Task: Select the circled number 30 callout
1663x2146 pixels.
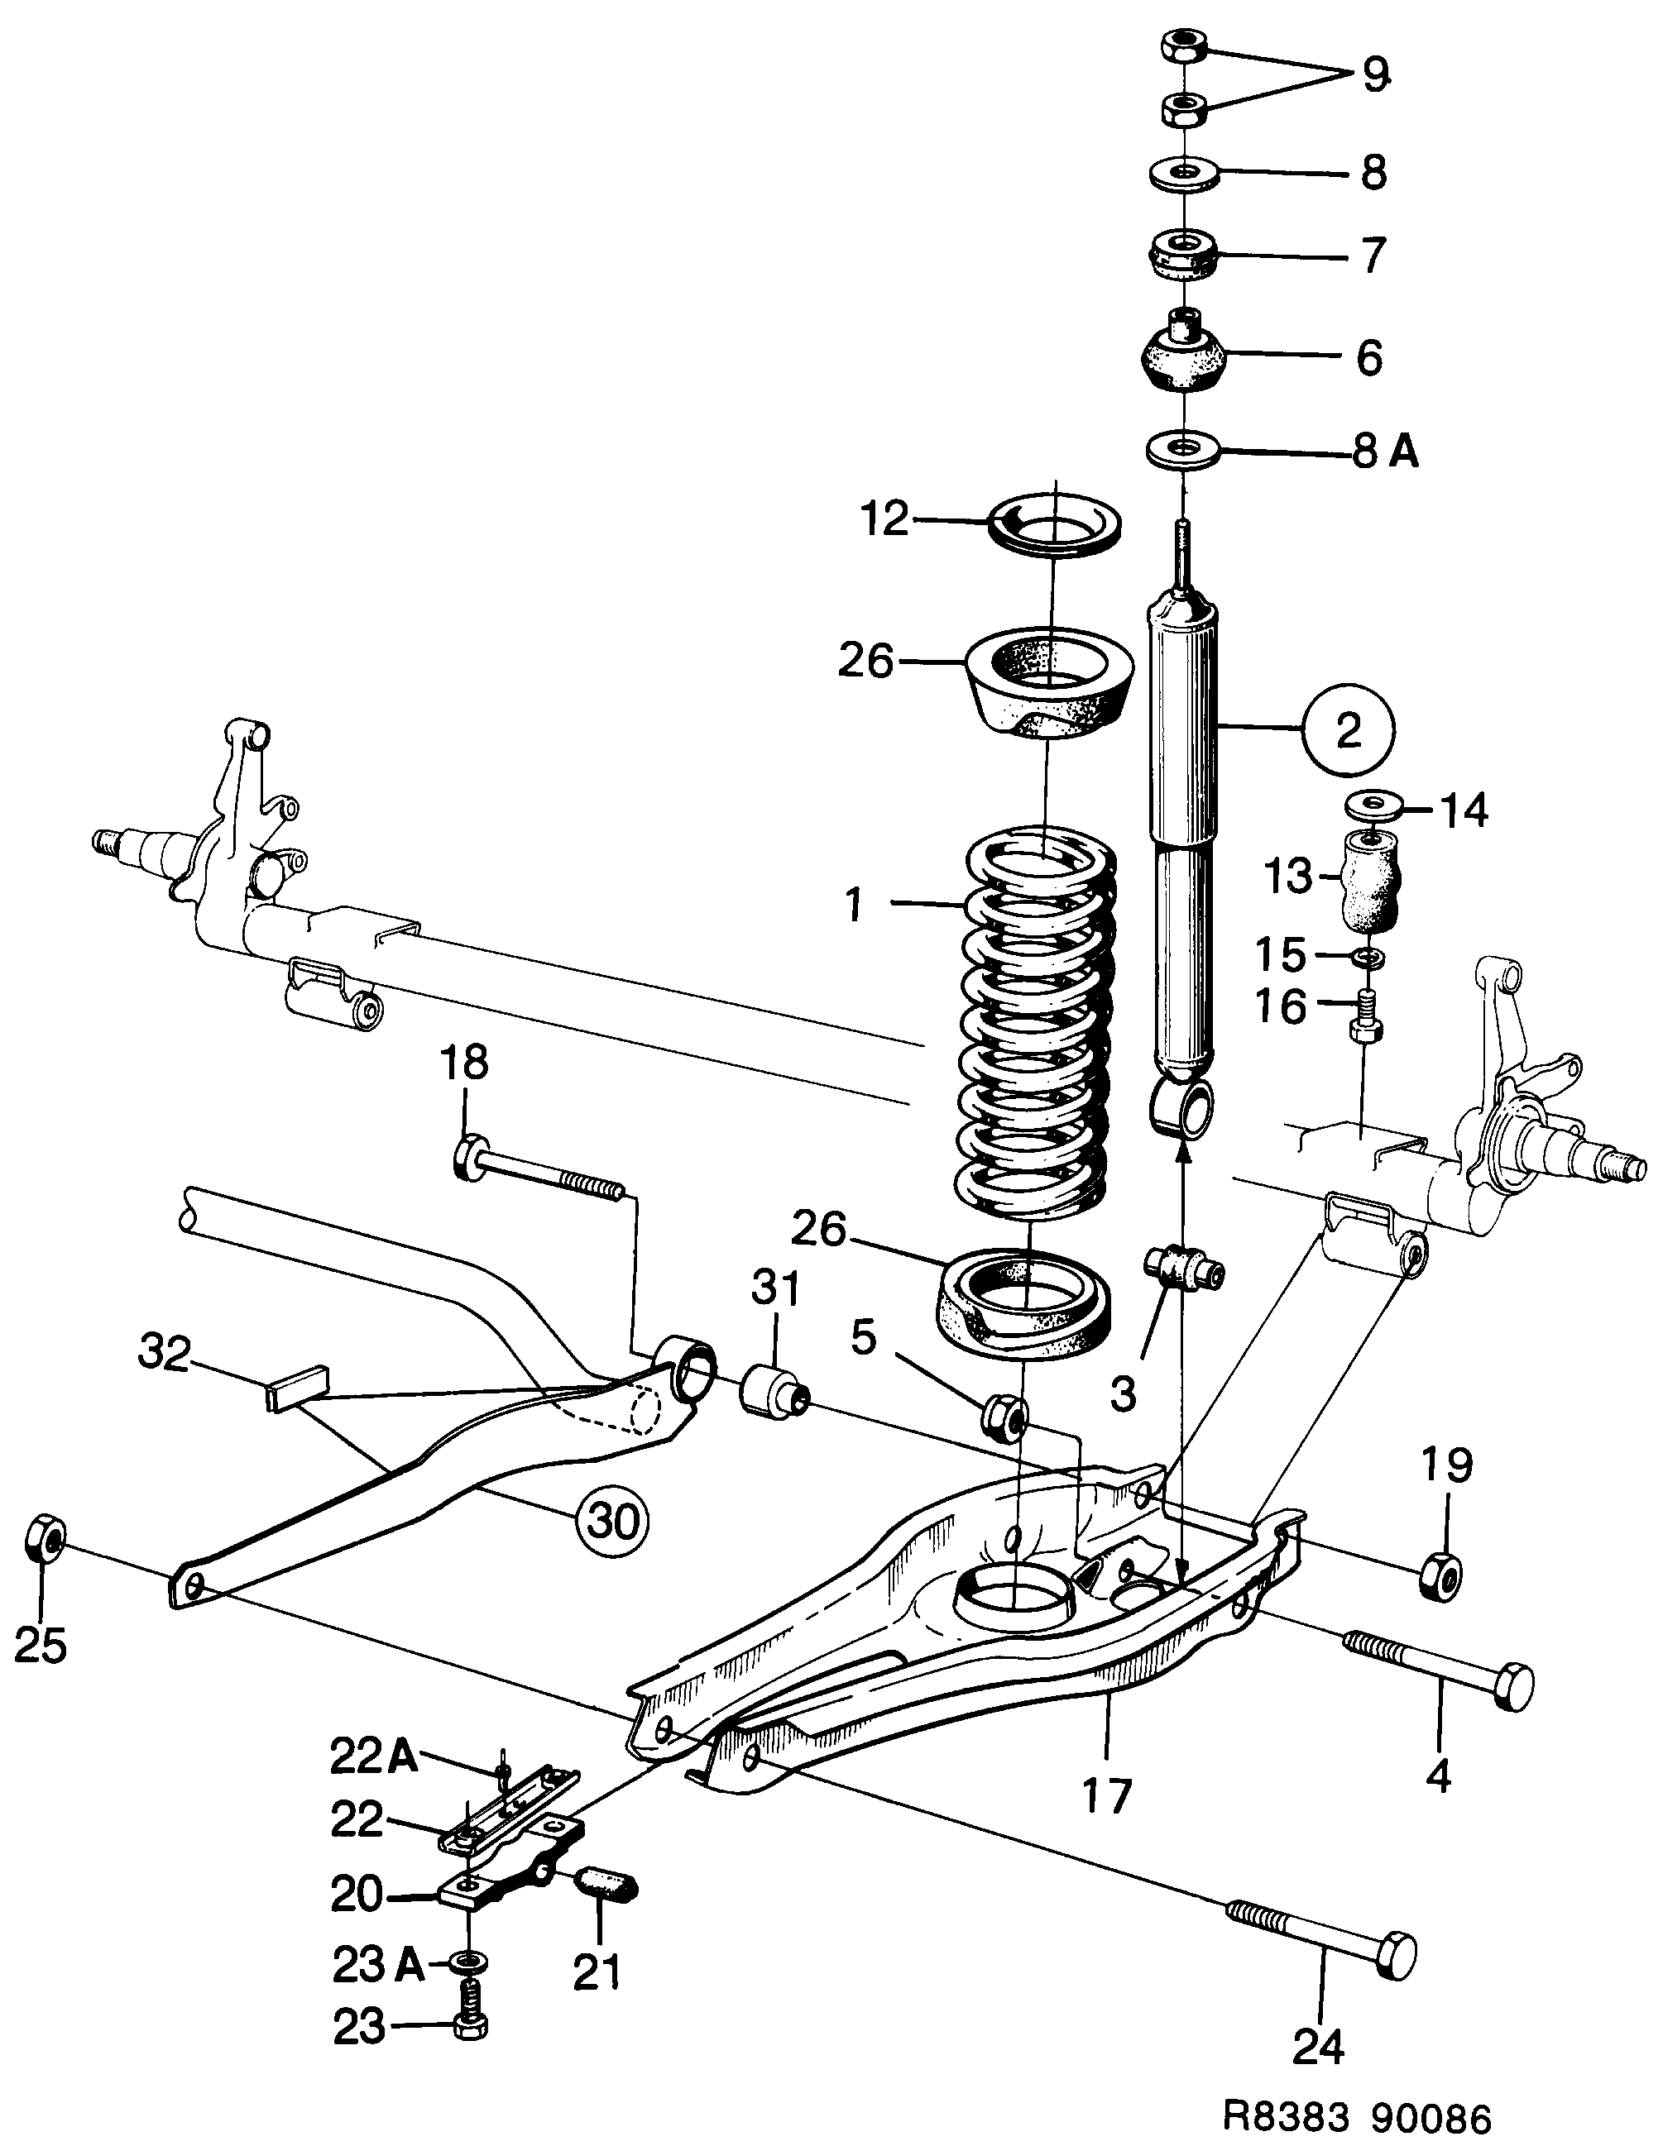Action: pyautogui.click(x=612, y=1520)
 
